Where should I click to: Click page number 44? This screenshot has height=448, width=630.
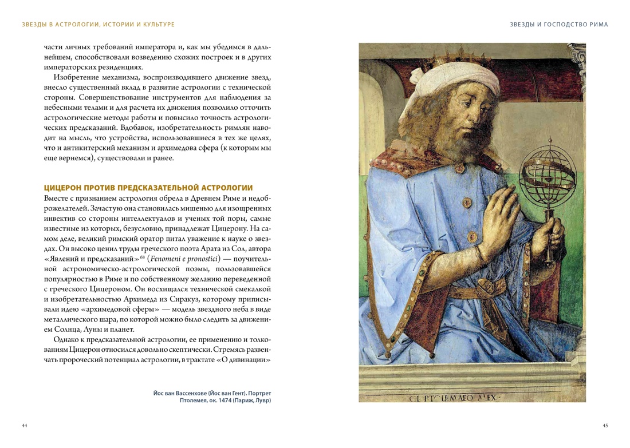coord(24,425)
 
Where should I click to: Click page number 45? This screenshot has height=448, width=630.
coord(605,425)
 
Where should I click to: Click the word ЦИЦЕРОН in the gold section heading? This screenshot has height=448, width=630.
coord(64,188)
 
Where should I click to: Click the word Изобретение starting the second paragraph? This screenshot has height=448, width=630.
coord(78,77)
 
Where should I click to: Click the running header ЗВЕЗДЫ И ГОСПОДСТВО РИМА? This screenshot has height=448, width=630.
coord(559,25)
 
